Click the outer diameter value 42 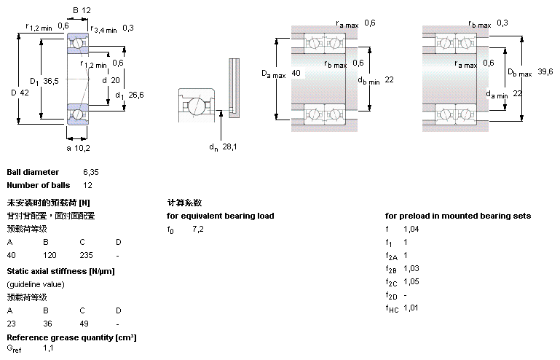(25, 92)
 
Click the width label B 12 (82, 10)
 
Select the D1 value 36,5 (50, 80)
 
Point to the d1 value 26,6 (136, 94)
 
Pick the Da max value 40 (295, 73)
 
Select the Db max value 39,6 (545, 71)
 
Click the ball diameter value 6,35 (90, 172)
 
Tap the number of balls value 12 (87, 185)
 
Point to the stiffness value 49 (84, 324)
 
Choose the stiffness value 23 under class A (11, 324)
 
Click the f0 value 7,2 (198, 229)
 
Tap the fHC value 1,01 (411, 308)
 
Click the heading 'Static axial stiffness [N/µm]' (60, 271)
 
